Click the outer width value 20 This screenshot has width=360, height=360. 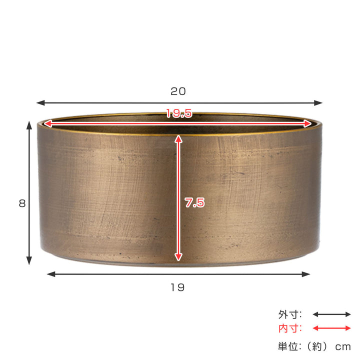point(178,91)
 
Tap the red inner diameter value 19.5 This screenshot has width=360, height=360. point(179,114)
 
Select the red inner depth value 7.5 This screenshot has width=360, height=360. point(194,203)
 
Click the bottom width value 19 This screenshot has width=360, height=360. point(177,287)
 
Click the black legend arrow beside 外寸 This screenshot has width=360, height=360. point(331,314)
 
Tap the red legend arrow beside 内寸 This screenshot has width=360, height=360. point(331,328)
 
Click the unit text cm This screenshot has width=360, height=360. point(342,345)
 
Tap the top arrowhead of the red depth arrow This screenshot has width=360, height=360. point(178,136)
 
